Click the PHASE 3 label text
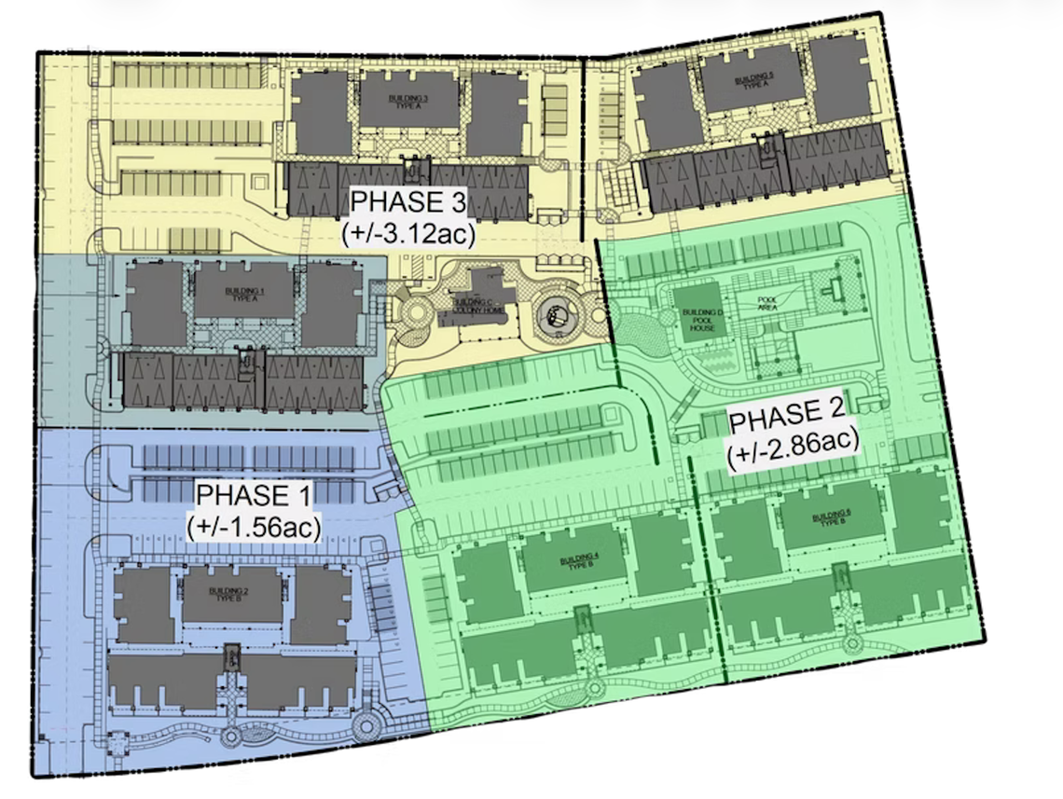click(411, 201)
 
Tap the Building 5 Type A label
click(753, 79)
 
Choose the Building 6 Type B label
click(831, 519)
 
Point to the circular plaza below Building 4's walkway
click(587, 687)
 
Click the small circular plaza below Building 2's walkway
click(228, 736)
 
